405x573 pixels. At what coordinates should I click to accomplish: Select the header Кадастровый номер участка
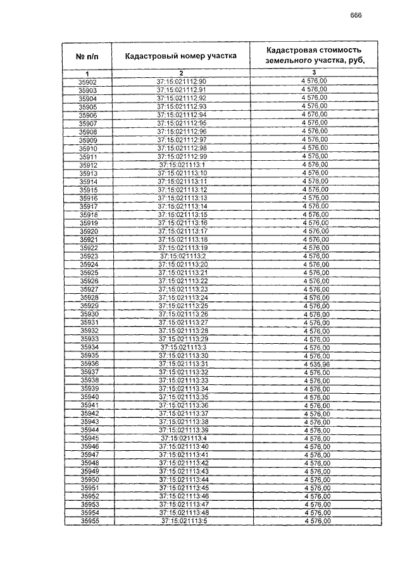180,56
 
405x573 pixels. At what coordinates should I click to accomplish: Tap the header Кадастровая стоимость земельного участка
314,56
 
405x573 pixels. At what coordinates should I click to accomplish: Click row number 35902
88,82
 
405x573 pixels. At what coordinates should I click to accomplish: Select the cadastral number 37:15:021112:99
182,156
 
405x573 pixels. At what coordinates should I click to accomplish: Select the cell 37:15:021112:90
182,82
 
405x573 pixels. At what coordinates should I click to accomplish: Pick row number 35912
89,165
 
